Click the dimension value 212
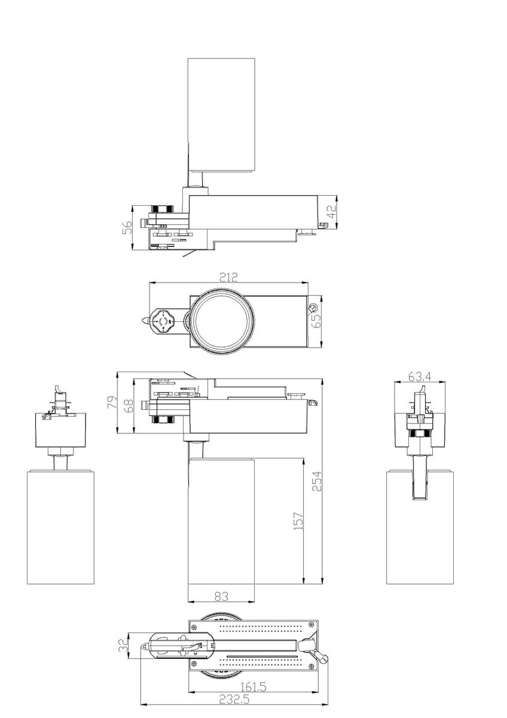click(228, 277)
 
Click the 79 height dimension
click(111, 402)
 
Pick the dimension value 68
click(127, 404)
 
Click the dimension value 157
click(299, 521)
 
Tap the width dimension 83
click(221, 596)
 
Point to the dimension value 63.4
click(420, 376)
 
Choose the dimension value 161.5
click(255, 687)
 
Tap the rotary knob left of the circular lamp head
click(163, 321)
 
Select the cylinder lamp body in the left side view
click(60, 527)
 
